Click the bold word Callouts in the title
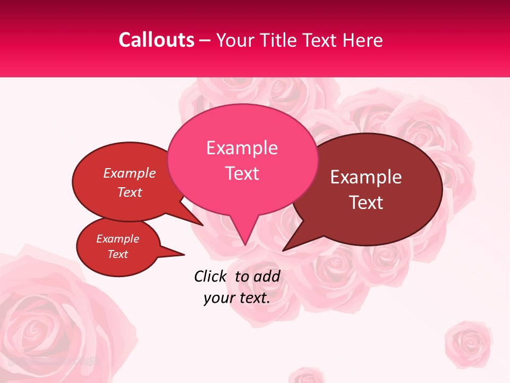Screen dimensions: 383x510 click(x=156, y=40)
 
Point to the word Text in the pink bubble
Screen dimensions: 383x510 click(x=242, y=173)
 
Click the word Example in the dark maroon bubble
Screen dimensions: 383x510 click(x=366, y=177)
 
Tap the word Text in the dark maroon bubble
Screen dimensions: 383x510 click(x=366, y=203)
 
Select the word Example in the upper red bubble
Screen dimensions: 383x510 click(x=129, y=173)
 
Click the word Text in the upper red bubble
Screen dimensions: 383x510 click(x=129, y=192)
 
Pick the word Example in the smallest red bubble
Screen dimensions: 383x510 click(x=117, y=239)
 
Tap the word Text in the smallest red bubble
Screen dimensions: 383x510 click(x=117, y=254)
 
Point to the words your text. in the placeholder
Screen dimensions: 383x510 click(x=236, y=298)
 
